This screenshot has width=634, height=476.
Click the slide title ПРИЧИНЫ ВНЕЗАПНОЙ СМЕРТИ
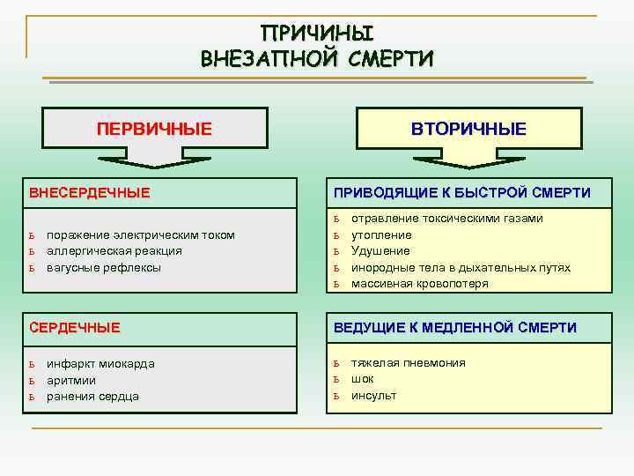click(x=317, y=47)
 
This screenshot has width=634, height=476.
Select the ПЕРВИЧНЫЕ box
click(x=154, y=129)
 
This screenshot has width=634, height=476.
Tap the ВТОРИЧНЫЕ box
click(x=468, y=129)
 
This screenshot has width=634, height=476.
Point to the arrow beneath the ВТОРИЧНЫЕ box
click(x=468, y=160)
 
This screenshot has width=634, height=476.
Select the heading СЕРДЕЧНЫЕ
click(x=74, y=327)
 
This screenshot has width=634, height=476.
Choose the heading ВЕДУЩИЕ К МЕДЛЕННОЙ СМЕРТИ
click(x=454, y=327)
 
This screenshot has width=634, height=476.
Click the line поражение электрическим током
click(x=140, y=234)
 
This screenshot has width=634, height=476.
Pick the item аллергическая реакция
click(x=114, y=250)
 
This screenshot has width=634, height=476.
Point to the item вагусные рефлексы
click(x=104, y=266)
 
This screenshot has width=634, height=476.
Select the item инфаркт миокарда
click(x=100, y=364)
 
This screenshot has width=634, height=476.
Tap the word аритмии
click(x=71, y=380)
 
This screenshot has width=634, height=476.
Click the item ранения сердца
click(x=92, y=396)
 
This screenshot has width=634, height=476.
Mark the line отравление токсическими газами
click(x=447, y=218)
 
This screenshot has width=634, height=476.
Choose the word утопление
click(x=381, y=234)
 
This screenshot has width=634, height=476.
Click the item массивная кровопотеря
click(x=419, y=283)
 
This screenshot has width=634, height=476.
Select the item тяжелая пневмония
click(x=408, y=362)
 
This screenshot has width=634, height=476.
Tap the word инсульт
click(x=373, y=395)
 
